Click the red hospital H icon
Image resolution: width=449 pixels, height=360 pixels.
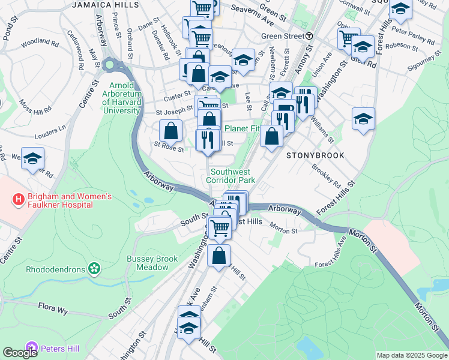[19, 197]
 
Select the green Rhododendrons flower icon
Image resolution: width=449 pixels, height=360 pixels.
[94, 268]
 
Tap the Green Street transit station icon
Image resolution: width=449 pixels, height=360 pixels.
[309, 36]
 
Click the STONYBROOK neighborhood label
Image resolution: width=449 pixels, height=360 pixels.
[315, 155]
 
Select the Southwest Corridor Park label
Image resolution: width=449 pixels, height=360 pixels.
[231, 175]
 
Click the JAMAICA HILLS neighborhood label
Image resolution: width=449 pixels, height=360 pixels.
[106, 4]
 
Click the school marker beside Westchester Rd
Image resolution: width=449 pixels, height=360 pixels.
[33, 159]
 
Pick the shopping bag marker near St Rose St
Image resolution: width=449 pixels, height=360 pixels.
[171, 131]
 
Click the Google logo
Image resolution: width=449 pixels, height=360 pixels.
[20, 353]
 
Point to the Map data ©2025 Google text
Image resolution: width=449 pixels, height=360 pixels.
[411, 355]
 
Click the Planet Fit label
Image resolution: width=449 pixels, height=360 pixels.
[243, 128]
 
